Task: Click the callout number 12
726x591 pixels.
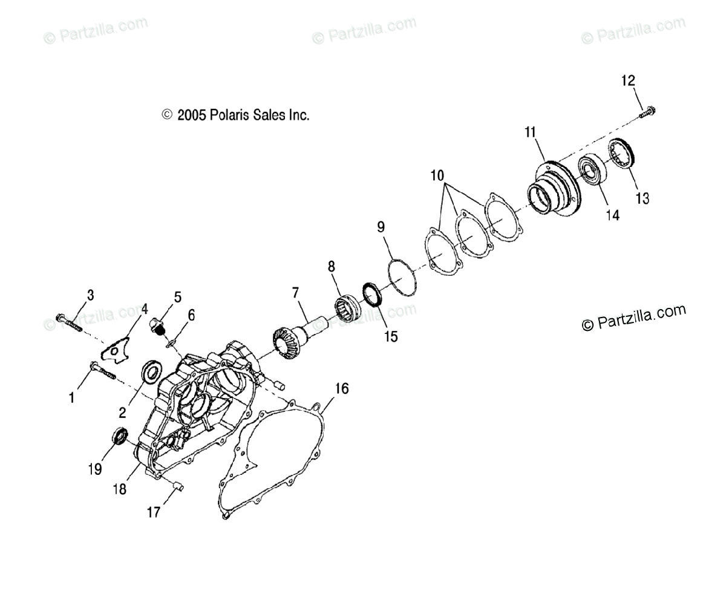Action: [628, 80]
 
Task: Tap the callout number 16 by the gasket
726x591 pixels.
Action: [342, 388]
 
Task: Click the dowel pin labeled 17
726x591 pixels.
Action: [177, 486]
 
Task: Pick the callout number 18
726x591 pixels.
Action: [120, 489]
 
